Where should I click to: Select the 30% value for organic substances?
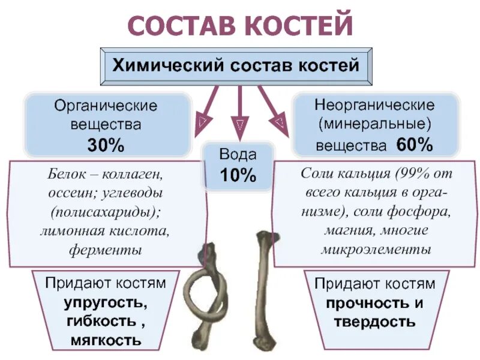(x=106, y=145)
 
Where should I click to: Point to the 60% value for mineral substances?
(x=414, y=145)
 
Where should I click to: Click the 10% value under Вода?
(x=239, y=175)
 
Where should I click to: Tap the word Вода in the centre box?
(x=239, y=155)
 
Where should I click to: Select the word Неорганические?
(x=374, y=104)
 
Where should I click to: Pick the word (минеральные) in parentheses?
(x=374, y=125)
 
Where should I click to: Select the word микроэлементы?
(x=376, y=248)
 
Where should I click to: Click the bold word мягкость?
(x=106, y=341)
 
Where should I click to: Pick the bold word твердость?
(x=374, y=322)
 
